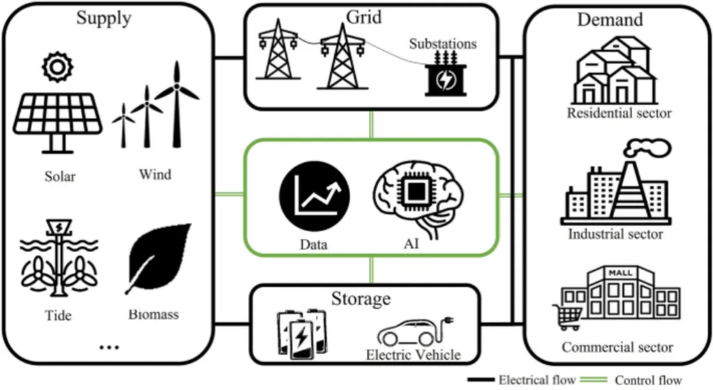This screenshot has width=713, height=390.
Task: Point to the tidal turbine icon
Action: click(58, 261)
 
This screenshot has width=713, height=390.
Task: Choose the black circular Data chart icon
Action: click(314, 197)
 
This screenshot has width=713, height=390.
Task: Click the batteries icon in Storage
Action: click(302, 332)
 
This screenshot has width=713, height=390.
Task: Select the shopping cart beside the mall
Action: click(568, 316)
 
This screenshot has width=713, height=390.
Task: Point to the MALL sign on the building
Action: click(620, 273)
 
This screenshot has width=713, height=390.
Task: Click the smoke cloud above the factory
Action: click(651, 147)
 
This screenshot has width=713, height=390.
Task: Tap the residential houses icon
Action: click(614, 71)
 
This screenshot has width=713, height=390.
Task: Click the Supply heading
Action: click(103, 19)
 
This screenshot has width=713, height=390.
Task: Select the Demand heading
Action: click(610, 19)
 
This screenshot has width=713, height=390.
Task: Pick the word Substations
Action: click(443, 43)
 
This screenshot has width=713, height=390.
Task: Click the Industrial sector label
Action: click(616, 234)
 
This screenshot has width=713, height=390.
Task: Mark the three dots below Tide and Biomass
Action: click(109, 347)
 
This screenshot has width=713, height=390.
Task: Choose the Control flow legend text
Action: click(648, 380)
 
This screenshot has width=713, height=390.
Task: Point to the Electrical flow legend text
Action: click(537, 380)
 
